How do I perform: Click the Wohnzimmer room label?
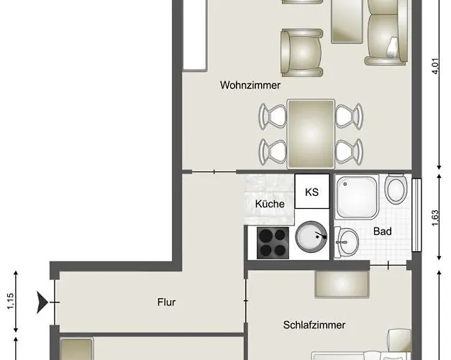250,85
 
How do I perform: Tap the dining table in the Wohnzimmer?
311,133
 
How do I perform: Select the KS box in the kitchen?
312,192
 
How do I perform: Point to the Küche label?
270,204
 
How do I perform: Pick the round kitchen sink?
311,237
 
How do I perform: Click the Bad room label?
381,232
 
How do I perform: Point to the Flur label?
166,302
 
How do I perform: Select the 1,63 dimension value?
434,217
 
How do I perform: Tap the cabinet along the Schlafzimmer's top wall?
342,284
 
